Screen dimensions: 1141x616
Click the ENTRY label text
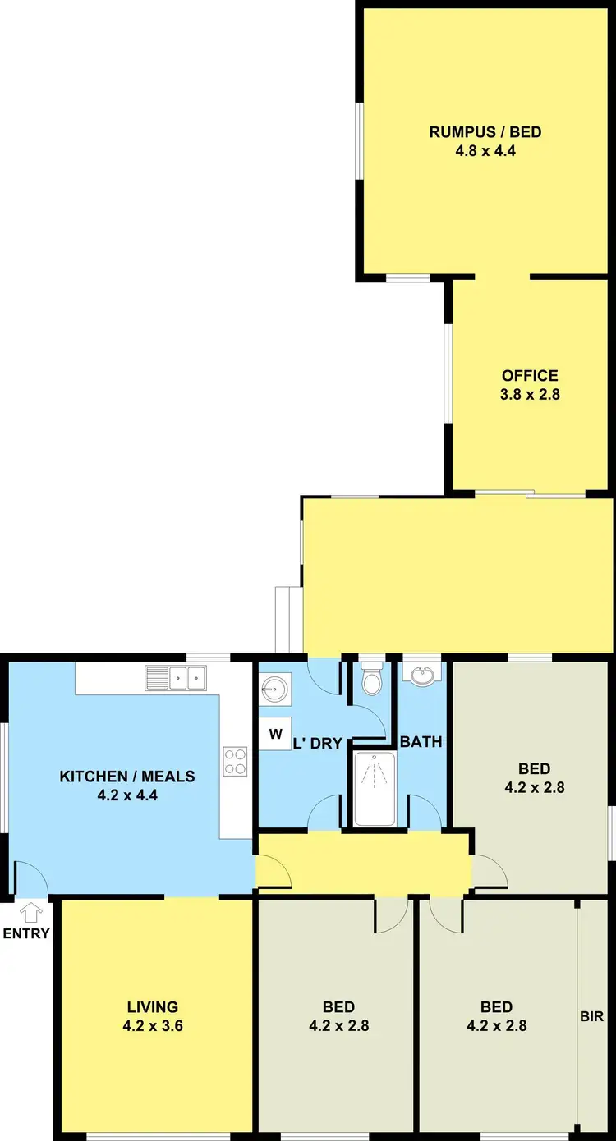26,933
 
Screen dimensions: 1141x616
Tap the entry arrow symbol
31,912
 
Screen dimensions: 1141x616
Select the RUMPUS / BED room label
485,132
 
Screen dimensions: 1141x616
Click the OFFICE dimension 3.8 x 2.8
530,394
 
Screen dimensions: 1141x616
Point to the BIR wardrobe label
591,1016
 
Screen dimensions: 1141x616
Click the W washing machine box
275,734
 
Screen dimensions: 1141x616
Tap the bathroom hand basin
422,675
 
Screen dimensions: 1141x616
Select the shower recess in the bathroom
375,788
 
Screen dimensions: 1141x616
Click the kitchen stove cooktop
235,761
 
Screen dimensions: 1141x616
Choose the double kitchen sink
177,678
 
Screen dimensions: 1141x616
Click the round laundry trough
274,689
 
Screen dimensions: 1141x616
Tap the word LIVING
153,1007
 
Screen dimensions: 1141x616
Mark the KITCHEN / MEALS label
127,777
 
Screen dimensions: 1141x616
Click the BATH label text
421,742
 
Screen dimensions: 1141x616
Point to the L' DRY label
318,744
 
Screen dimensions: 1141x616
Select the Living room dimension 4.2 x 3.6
153,1025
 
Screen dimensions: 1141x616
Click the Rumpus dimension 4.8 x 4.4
485,150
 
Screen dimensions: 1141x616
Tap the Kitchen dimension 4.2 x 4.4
127,795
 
